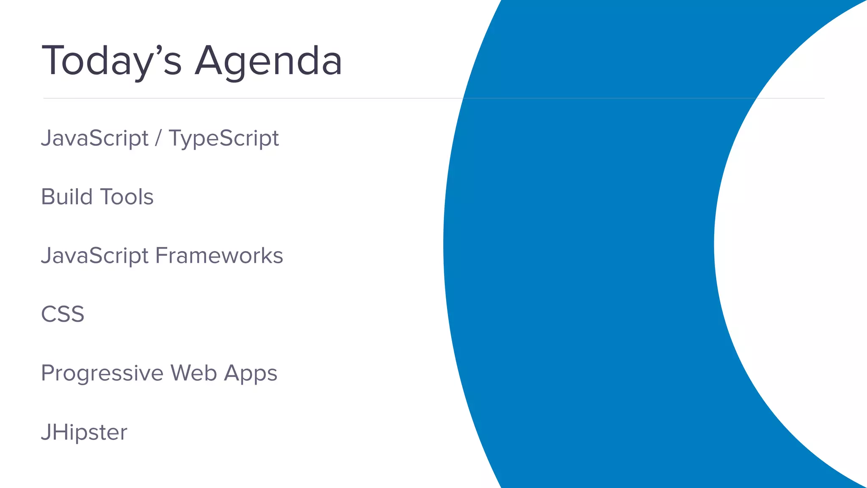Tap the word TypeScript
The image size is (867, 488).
tap(224, 139)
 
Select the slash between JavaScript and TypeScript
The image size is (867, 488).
tap(158, 139)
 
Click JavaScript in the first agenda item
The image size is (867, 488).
tap(94, 139)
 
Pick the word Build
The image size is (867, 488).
tap(66, 197)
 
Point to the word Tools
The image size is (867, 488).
tap(127, 197)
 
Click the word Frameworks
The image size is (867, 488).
tap(219, 256)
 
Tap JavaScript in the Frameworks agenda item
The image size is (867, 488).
tap(94, 256)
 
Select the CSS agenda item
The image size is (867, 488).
tap(63, 314)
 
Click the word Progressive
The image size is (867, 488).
tap(102, 374)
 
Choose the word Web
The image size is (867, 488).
tap(194, 373)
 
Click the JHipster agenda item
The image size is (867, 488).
tap(84, 433)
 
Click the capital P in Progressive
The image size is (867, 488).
tap(48, 373)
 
